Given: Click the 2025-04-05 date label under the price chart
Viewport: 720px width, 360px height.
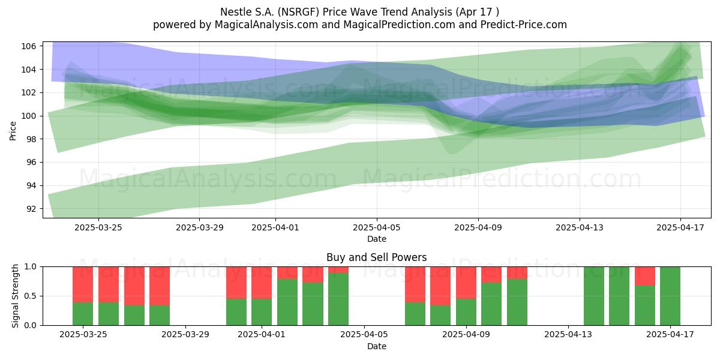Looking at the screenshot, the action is click(377, 227).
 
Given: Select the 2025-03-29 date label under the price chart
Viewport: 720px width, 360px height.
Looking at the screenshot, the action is click(200, 227).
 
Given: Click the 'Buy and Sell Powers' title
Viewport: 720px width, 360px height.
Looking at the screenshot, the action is click(377, 257).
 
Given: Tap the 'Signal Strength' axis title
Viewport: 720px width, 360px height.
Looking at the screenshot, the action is click(15, 296).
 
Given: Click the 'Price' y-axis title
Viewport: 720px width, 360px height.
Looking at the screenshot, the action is click(13, 131).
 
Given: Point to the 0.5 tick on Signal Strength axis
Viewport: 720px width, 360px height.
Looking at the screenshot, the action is click(31, 296).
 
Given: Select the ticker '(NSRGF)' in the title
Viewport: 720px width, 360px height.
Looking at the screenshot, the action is click(298, 12).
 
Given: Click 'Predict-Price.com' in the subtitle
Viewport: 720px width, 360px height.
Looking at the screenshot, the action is click(524, 25).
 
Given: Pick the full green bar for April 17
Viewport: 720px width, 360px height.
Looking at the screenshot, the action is click(670, 296).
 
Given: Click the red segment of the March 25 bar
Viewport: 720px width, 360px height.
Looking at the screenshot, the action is click(83, 284).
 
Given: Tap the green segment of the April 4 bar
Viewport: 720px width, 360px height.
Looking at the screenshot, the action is click(338, 299).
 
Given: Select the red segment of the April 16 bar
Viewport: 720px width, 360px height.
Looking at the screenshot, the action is click(645, 276).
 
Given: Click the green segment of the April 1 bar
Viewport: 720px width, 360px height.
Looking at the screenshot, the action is click(262, 312).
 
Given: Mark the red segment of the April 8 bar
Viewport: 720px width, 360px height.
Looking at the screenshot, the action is click(440, 286).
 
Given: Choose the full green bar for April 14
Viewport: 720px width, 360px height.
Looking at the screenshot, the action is click(593, 296).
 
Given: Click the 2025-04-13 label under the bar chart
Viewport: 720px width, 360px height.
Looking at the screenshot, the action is click(568, 335).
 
